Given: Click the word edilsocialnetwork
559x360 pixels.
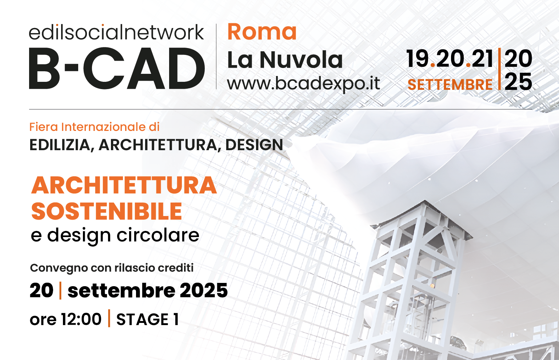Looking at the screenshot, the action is pyautogui.click(x=116, y=32).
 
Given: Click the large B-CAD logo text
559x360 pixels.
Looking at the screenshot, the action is pyautogui.click(x=117, y=68).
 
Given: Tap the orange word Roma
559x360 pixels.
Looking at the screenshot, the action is pyautogui.click(x=262, y=32).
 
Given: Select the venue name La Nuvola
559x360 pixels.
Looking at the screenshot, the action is pyautogui.click(x=285, y=60).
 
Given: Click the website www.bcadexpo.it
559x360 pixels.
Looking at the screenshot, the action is pyautogui.click(x=303, y=84).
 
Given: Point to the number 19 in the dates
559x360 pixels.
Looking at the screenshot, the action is pyautogui.click(x=418, y=59).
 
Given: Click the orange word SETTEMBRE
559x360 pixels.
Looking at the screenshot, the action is pyautogui.click(x=450, y=85).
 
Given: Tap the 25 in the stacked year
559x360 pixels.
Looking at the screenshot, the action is pyautogui.click(x=518, y=81).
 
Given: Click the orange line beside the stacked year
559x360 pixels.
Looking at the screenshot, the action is pyautogui.click(x=499, y=69).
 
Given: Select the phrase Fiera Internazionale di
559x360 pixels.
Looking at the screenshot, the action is pyautogui.click(x=94, y=127).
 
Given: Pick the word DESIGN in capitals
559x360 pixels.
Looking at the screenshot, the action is pyautogui.click(x=254, y=145).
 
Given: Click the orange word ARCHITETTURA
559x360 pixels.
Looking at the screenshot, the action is pyautogui.click(x=124, y=185).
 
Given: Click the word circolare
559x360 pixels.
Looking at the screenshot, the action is pyautogui.click(x=158, y=235).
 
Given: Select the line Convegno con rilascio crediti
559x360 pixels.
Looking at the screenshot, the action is pyautogui.click(x=112, y=268).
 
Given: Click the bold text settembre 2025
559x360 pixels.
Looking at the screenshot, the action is pyautogui.click(x=148, y=291).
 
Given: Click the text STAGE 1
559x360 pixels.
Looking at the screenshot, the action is pyautogui.click(x=148, y=319).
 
